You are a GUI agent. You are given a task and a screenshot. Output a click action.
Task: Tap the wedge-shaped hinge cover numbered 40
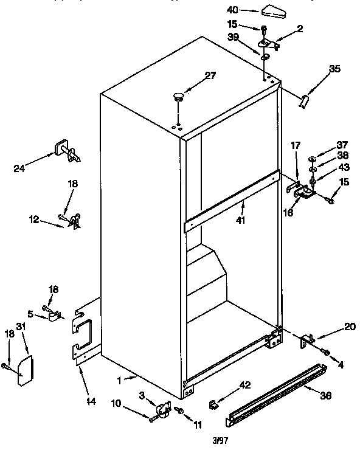[x=269, y=10]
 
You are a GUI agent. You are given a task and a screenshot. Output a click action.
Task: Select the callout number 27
[x=210, y=75]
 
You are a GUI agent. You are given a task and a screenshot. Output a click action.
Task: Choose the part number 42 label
[x=244, y=384]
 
